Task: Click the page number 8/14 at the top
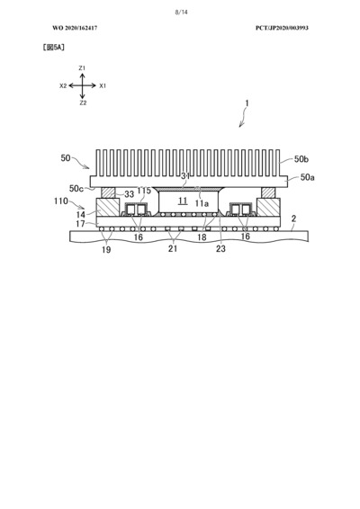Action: tap(181, 13)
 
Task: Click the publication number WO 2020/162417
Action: tap(75, 28)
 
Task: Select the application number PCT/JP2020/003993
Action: tap(282, 28)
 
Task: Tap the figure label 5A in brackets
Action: tap(54, 48)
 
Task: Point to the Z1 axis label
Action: tap(82, 68)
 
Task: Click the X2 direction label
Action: tap(63, 86)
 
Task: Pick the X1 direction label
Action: tap(103, 86)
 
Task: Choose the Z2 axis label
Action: tap(83, 103)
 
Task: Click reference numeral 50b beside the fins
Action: tap(301, 159)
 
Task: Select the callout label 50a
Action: tap(307, 177)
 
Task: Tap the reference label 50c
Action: tap(76, 189)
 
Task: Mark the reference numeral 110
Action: tap(61, 201)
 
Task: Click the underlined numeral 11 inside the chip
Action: tap(183, 201)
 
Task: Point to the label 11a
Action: tap(202, 203)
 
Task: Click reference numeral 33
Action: tap(130, 194)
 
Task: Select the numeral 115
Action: tap(144, 191)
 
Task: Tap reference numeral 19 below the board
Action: tap(106, 249)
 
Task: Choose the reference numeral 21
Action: tap(173, 249)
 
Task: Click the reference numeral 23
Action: tap(220, 249)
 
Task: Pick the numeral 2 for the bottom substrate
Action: tap(293, 219)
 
